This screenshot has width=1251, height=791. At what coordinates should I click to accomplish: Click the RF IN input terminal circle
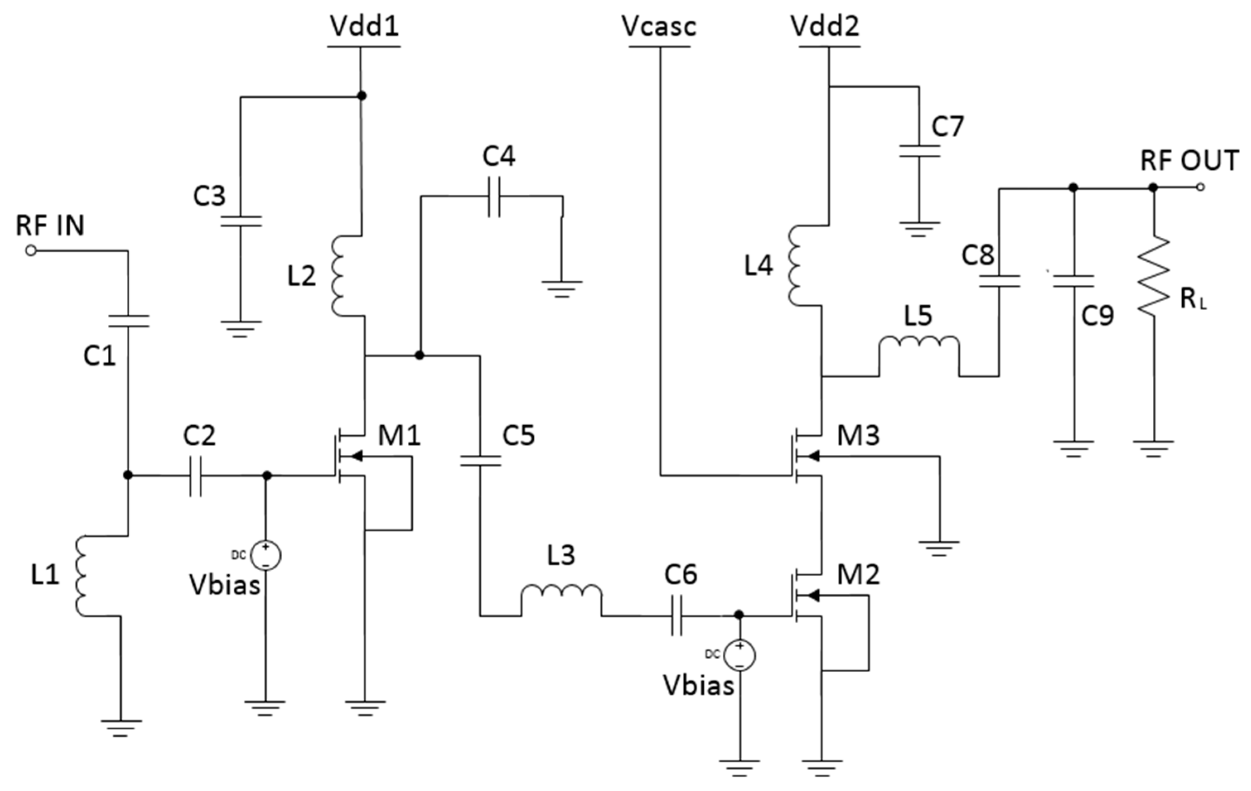tap(31, 251)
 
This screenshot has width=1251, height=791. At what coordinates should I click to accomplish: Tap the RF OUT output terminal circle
tap(1200, 188)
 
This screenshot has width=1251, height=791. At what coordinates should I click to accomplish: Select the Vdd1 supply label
tap(364, 26)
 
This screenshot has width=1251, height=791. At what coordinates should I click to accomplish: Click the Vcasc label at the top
tap(659, 26)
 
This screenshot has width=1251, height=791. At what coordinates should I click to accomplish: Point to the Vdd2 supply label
tap(825, 26)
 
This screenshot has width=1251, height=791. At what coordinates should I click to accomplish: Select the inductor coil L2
tap(338, 275)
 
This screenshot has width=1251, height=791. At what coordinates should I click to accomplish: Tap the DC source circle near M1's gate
tap(266, 556)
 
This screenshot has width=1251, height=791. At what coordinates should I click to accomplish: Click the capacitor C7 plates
tap(919, 151)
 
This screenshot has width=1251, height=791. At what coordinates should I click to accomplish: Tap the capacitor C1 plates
tap(128, 321)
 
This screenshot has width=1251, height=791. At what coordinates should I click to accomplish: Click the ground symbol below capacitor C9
tap(1073, 448)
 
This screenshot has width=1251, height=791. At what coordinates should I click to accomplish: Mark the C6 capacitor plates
tap(676, 616)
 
